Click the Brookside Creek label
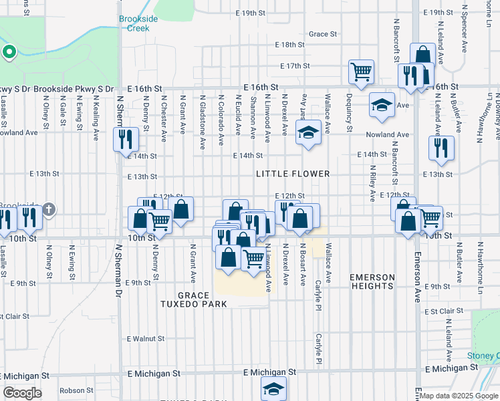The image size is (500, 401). [x=138, y=23]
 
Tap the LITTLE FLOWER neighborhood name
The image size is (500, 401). [x=293, y=174]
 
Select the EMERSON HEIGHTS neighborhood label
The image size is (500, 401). [x=372, y=281]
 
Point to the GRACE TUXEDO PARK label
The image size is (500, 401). [x=203, y=299]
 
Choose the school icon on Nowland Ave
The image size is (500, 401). [x=309, y=132]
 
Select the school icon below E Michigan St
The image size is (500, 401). [x=273, y=388]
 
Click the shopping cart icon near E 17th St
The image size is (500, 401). [x=361, y=71]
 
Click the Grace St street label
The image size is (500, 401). [x=322, y=34]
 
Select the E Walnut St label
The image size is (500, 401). [x=146, y=339]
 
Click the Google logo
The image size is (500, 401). [x=23, y=393]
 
